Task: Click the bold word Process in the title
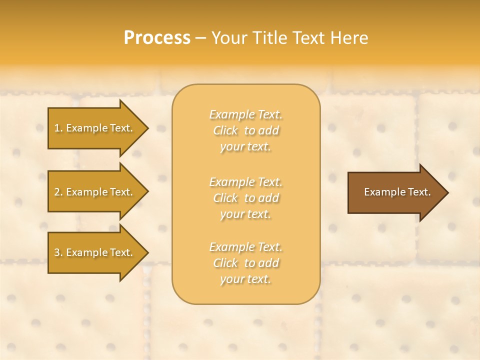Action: (157, 38)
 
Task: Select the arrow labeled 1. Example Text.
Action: (95, 128)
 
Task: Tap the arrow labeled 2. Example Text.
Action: (95, 192)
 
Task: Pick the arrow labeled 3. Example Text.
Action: (95, 252)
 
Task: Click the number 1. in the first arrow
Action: (58, 128)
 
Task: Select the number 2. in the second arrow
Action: (58, 192)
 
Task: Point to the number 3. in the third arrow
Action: (58, 252)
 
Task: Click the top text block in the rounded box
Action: (246, 130)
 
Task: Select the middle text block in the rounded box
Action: (246, 198)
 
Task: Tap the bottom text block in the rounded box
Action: (246, 263)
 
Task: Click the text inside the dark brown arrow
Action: (397, 192)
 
